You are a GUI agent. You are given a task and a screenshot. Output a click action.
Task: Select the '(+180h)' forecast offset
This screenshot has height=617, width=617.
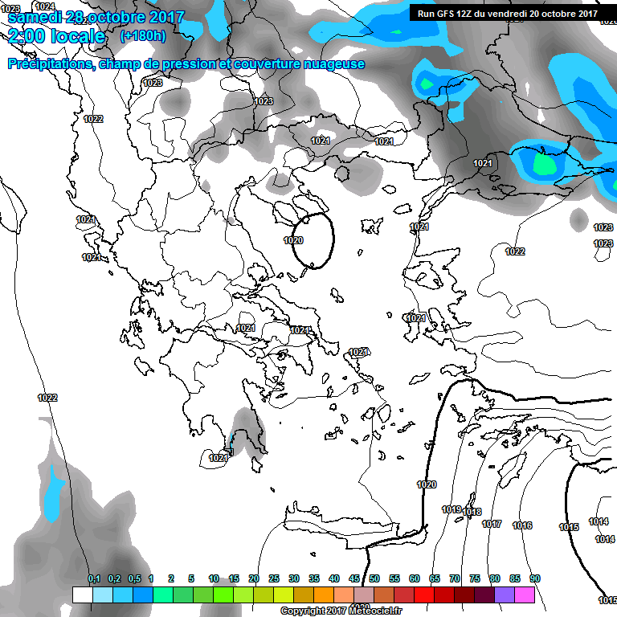coord(142,36)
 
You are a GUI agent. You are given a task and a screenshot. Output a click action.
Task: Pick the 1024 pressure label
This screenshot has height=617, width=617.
coord(45,6)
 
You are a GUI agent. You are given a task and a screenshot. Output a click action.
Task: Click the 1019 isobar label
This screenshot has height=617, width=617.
coord(452,509)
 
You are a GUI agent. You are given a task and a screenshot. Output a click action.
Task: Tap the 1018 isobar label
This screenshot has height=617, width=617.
coord(472,513)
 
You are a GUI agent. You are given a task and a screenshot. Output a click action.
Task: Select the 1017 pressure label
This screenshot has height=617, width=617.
coord(492,524)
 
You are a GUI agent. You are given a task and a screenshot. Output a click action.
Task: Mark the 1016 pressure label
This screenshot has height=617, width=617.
coord(522,525)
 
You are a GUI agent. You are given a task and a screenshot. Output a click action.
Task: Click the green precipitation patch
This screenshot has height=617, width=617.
coord(544,165)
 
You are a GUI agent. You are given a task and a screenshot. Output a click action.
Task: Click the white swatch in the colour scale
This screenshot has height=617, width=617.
coord(82,595)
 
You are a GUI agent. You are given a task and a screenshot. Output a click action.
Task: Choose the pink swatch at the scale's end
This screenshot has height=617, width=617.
coord(525,595)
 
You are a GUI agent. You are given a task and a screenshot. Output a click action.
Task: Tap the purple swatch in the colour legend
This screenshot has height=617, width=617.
coord(505,595)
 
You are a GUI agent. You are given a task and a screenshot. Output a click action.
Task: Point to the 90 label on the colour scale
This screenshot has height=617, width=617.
coord(534,578)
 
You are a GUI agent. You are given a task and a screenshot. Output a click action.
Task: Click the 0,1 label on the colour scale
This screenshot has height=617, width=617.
coord(94,578)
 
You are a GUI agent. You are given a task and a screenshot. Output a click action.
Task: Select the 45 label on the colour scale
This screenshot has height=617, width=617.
coord(354,578)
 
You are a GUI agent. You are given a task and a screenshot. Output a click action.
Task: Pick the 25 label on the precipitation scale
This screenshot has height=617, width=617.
coord(274,578)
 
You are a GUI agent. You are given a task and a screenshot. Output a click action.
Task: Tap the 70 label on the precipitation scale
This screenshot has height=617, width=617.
coord(455,578)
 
